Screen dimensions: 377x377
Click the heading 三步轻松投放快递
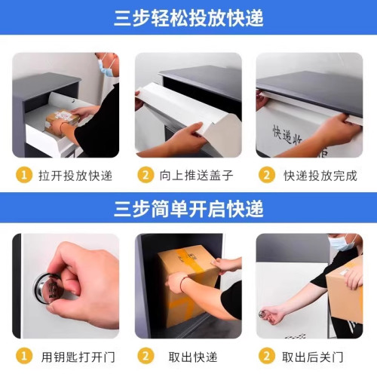pyautogui.click(x=188, y=17)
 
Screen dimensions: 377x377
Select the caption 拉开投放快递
pyautogui.click(x=75, y=176)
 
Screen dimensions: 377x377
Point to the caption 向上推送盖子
pyautogui.click(x=196, y=176)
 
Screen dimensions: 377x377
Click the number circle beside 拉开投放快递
pyautogui.click(x=25, y=176)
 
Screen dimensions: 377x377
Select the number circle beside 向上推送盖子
pyautogui.click(x=146, y=176)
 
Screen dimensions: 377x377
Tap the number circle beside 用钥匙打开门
pyautogui.click(x=25, y=356)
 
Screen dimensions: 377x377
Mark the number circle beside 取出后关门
pyautogui.click(x=266, y=356)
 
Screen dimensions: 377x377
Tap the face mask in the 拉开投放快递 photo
pyautogui.click(x=106, y=70)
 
